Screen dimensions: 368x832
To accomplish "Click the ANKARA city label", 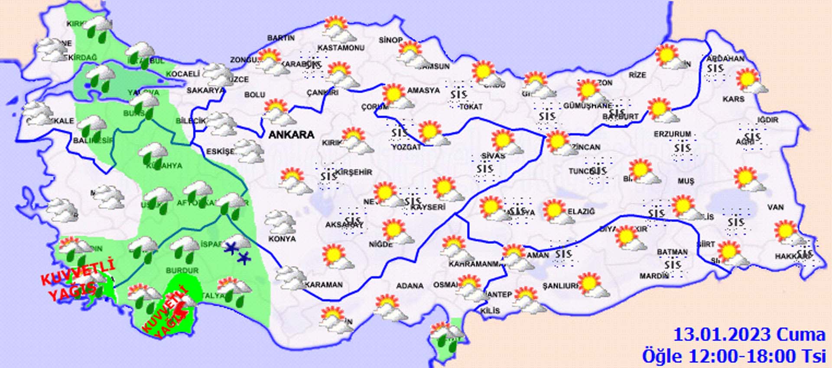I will [291, 135].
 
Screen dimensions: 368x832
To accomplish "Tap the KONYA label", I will [282, 239].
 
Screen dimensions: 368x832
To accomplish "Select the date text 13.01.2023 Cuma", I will [749, 335].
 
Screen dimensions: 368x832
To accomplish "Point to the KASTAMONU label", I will [341, 48].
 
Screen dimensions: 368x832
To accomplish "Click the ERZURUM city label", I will [673, 134].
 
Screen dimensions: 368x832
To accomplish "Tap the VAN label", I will [775, 207].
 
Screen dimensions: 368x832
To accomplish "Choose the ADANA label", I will [409, 286].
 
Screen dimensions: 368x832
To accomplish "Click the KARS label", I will [734, 99].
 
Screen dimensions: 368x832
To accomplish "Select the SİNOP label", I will [390, 40].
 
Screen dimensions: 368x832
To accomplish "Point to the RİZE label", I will [637, 75].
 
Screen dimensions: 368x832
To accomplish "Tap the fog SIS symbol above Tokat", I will [458, 94].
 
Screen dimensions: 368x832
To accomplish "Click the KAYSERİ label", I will [428, 207].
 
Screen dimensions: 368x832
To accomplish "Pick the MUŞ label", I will [686, 181].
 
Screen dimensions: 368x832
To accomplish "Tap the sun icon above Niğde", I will [394, 230].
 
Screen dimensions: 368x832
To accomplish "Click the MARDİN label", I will [654, 276].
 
